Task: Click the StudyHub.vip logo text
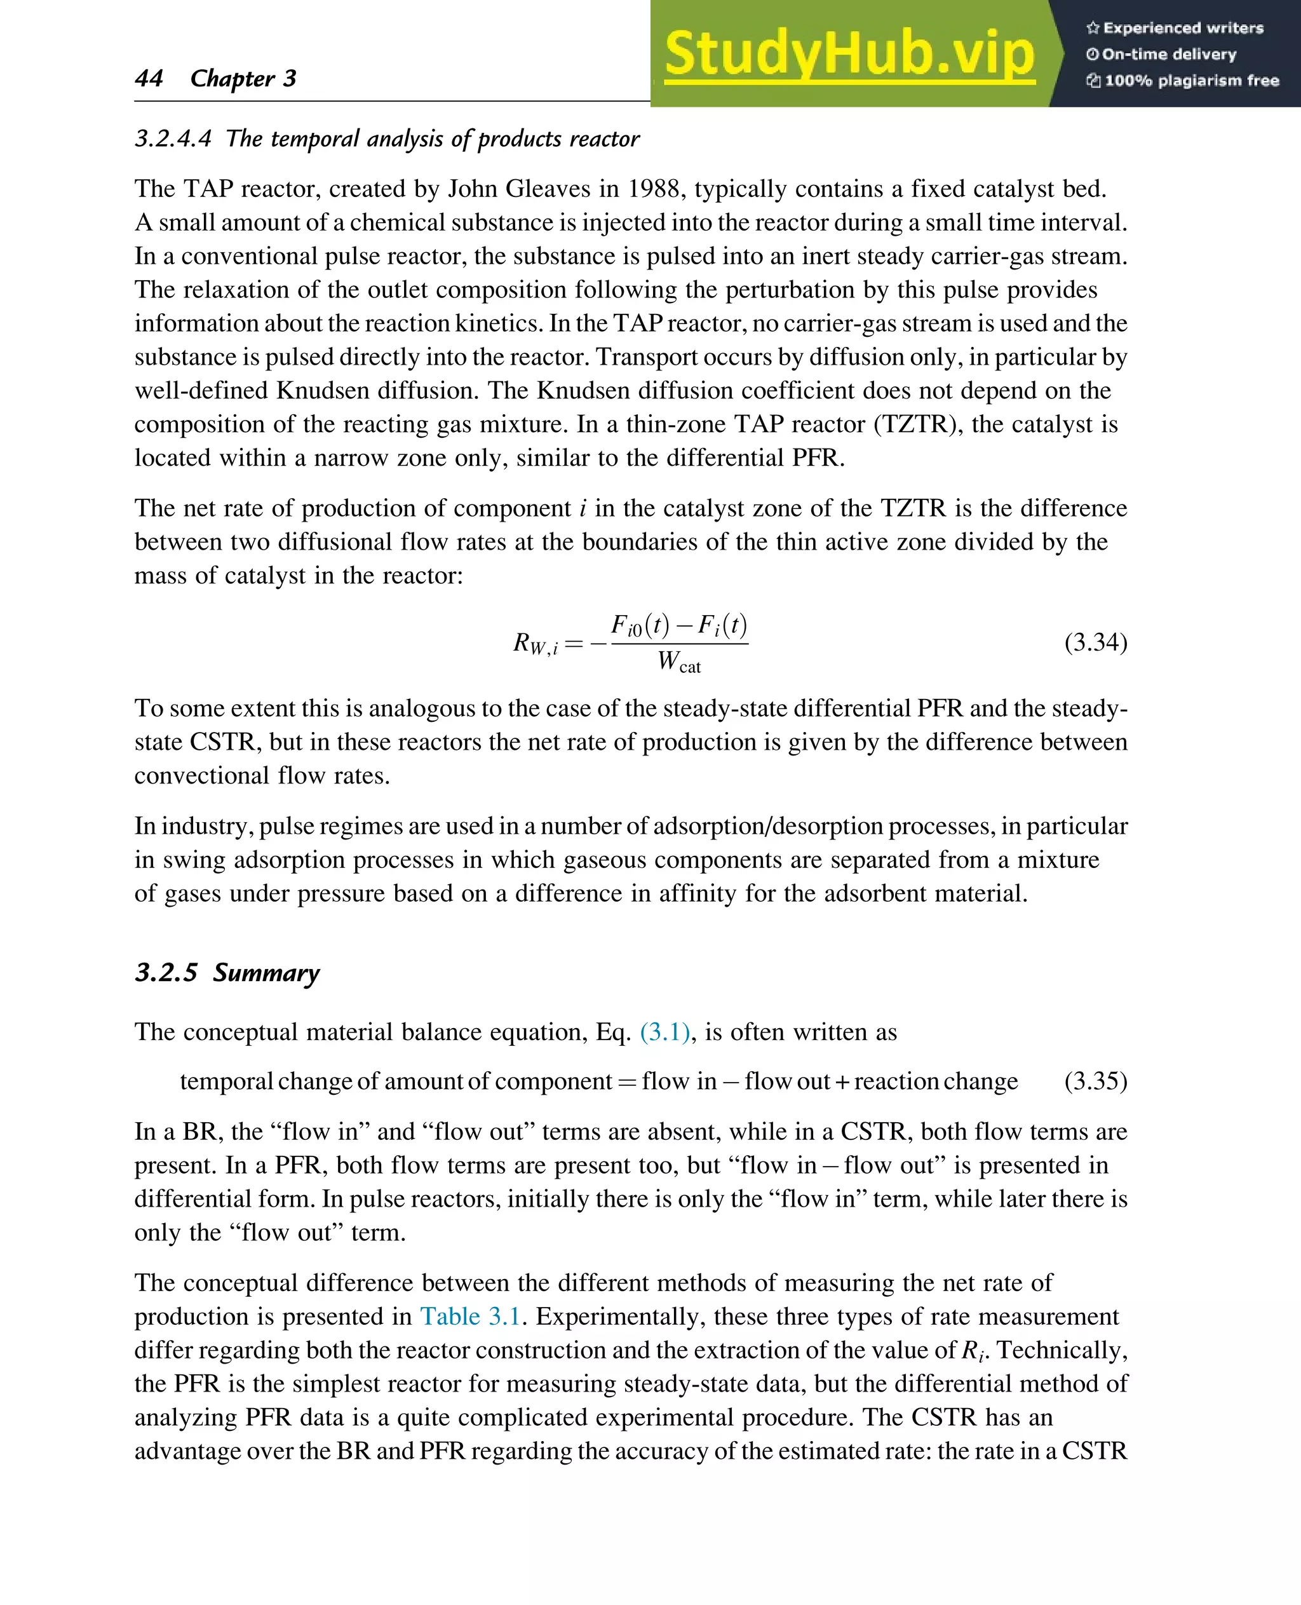pyautogui.click(x=849, y=54)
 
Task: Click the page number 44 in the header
pyautogui.click(x=149, y=78)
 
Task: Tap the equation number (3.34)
pyautogui.click(x=1095, y=642)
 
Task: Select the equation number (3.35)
pyautogui.click(x=1095, y=1081)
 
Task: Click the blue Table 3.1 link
pyautogui.click(x=470, y=1317)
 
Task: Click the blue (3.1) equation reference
pyautogui.click(x=664, y=1033)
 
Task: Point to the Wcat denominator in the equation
pyautogui.click(x=679, y=662)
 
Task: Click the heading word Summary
pyautogui.click(x=266, y=973)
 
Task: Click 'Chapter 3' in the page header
pyautogui.click(x=243, y=78)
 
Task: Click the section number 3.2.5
pyautogui.click(x=166, y=973)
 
